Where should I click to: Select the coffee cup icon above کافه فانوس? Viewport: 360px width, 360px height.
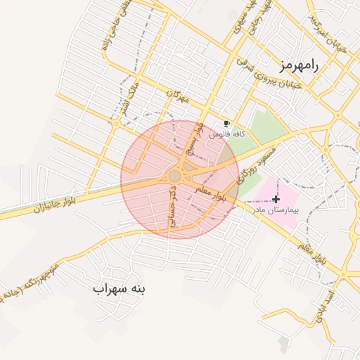pyautogui.click(x=226, y=123)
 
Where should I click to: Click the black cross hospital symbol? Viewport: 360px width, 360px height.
pyautogui.click(x=276, y=199)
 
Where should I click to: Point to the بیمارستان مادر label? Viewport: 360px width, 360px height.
pyautogui.click(x=275, y=210)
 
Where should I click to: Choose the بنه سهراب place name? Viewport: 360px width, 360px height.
pyautogui.click(x=118, y=288)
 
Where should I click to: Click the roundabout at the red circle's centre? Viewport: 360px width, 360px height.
pyautogui.click(x=175, y=176)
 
